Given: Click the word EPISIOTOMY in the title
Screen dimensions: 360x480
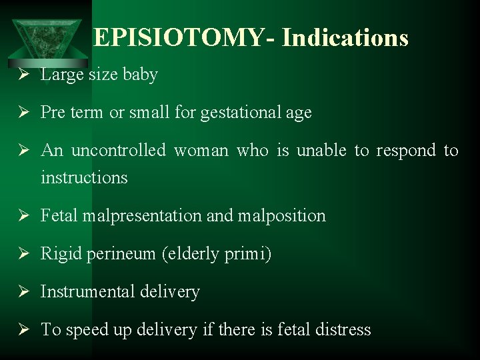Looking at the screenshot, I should [179, 38].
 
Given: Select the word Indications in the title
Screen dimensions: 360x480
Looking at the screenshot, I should [345, 38].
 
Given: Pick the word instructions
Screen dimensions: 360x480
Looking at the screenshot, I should [84, 177].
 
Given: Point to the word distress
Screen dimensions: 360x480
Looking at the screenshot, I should [342, 329].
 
